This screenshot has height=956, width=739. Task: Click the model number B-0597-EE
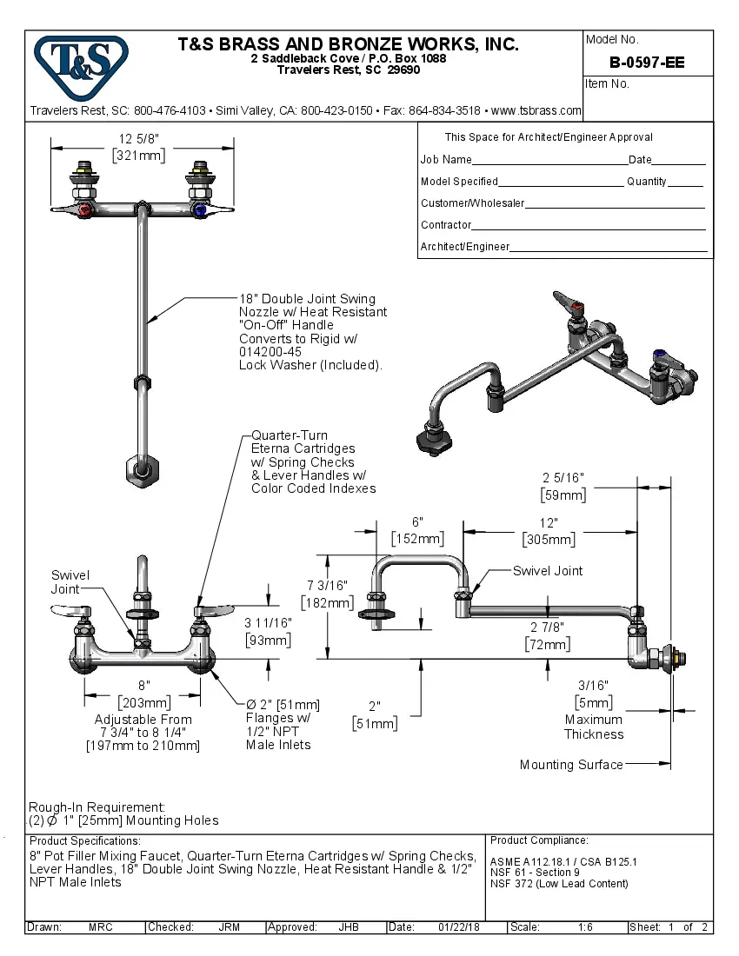646,63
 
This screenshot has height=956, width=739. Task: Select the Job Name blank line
549,161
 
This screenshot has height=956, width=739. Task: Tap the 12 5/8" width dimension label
139,139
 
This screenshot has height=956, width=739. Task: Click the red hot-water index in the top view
83,210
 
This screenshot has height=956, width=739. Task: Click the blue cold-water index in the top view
201,210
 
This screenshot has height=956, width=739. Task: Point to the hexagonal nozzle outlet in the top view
140,469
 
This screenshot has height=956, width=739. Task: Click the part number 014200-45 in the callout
270,352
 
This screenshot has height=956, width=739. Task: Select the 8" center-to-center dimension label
144,685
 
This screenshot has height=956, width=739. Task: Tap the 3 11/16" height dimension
267,622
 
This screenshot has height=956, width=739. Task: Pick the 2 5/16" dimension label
563,477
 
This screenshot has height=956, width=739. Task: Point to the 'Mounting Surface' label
571,765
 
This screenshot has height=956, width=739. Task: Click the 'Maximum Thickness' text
594,727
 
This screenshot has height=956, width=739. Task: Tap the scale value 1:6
585,927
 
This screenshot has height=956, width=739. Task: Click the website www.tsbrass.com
536,110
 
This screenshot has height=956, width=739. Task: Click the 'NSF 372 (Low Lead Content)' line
559,884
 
